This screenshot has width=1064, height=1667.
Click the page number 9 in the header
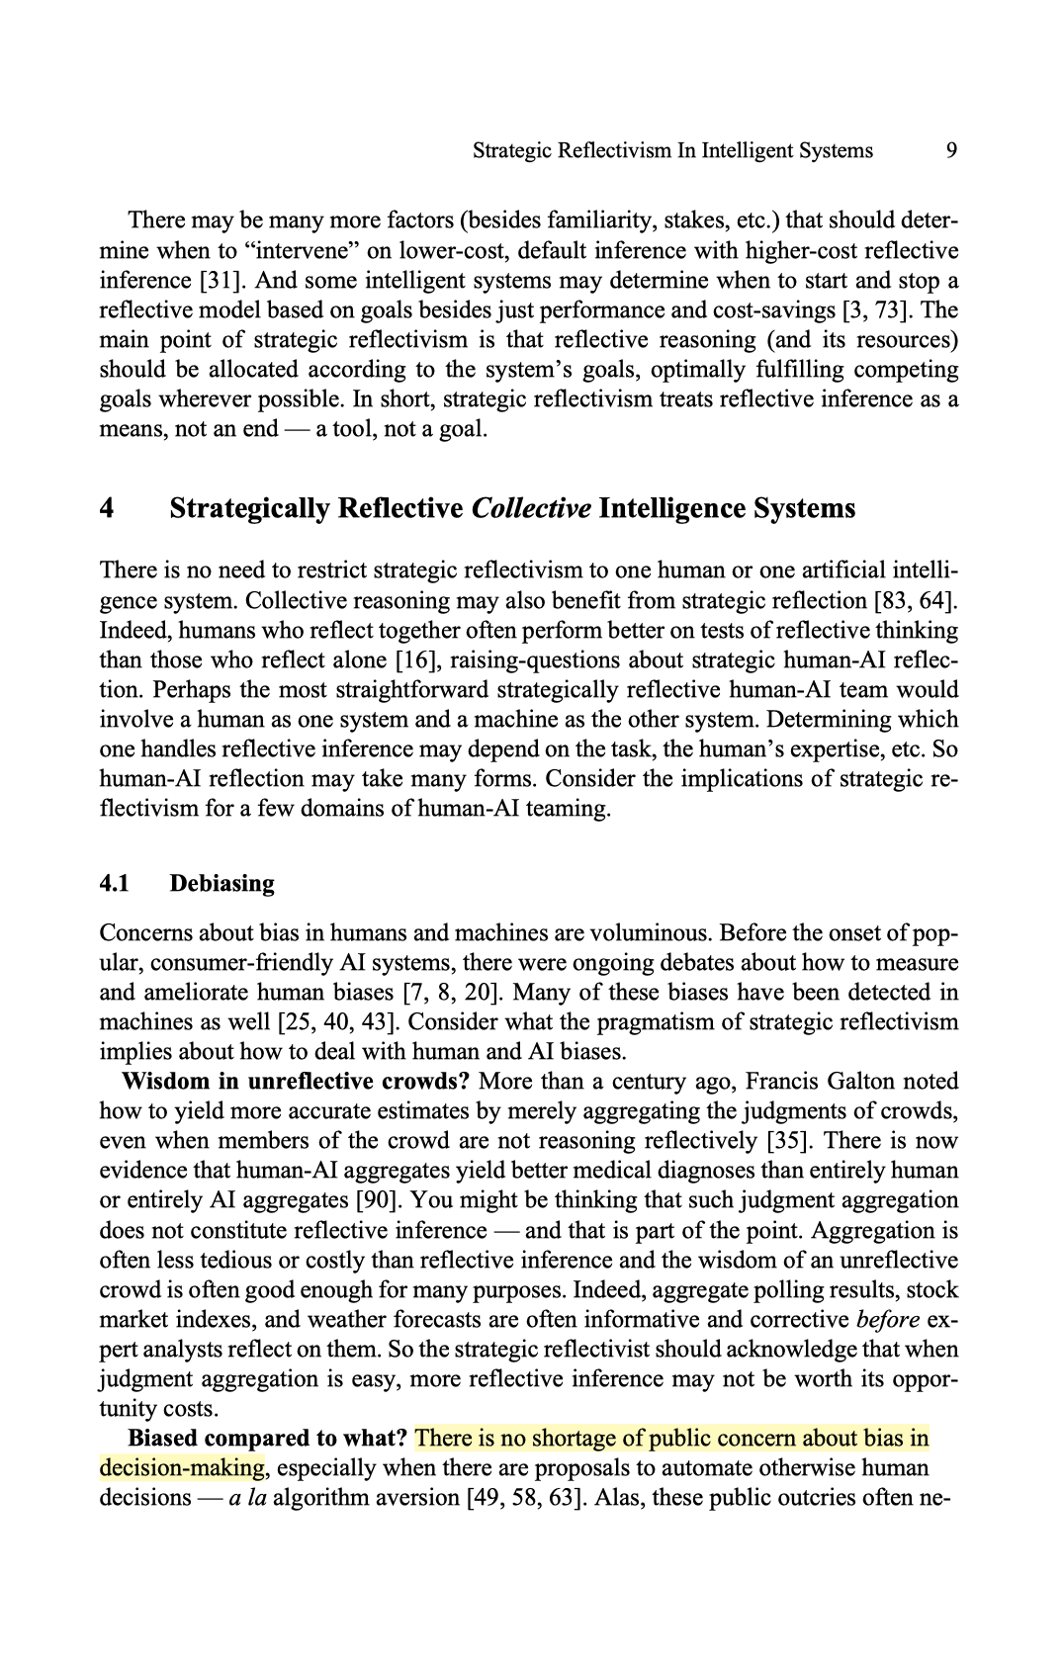pyautogui.click(x=950, y=150)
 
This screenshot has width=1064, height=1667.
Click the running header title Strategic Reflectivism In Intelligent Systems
pyautogui.click(x=672, y=150)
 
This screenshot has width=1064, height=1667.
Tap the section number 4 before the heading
pyautogui.click(x=107, y=508)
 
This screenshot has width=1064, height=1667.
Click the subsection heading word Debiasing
pyautogui.click(x=222, y=883)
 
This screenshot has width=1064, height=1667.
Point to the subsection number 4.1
pyautogui.click(x=115, y=883)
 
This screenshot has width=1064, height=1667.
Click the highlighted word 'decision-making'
pyautogui.click(x=183, y=1467)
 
